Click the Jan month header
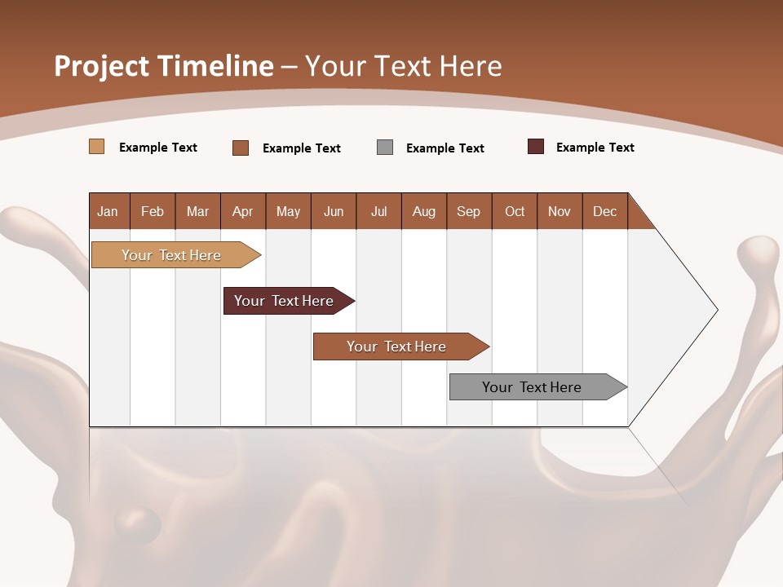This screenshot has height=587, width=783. point(108,211)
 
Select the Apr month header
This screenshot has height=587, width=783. point(243,211)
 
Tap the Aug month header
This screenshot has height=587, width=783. point(424,211)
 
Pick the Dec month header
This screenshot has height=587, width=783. point(604,211)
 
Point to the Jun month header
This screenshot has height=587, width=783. point(334,211)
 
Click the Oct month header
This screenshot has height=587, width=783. point(515,211)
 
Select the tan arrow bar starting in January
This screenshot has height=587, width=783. point(171,255)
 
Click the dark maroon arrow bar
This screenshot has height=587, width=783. point(284,301)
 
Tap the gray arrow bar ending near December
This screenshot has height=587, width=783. point(532,387)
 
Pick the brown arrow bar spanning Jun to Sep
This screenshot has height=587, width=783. point(396,346)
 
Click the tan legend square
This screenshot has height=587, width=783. point(96,147)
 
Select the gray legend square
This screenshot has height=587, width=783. point(385,148)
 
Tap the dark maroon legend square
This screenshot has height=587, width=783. point(536,147)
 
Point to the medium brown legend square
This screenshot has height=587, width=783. point(241,148)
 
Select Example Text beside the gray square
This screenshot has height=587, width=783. point(445,148)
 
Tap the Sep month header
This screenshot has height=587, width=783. point(469,211)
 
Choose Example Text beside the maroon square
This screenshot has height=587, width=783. point(595,148)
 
